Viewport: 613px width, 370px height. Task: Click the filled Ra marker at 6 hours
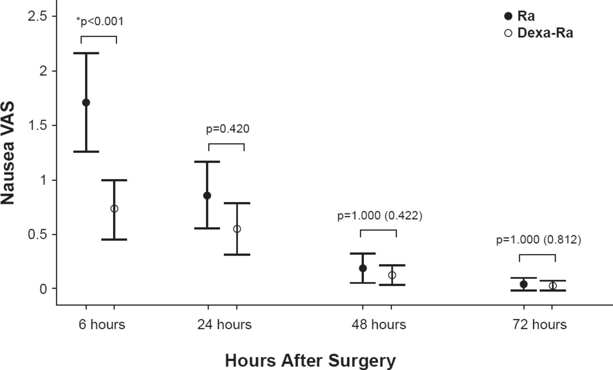[x=86, y=102]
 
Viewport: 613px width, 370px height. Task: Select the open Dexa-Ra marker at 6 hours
[x=114, y=209]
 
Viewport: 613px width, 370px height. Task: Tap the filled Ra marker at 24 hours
[x=207, y=195]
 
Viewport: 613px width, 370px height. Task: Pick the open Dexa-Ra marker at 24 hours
[x=237, y=229]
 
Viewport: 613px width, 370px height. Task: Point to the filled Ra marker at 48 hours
[x=363, y=268]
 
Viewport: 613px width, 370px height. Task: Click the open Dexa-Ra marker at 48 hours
[x=392, y=275]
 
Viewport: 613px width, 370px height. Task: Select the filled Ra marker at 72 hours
[x=523, y=284]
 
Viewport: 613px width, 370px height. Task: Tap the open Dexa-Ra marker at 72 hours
[x=553, y=286]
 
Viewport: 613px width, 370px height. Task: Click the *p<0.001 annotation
[x=100, y=21]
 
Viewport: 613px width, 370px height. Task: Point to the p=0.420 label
[x=227, y=129]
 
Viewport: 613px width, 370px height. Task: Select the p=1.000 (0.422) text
[x=379, y=216]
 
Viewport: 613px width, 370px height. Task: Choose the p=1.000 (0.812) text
[x=538, y=240]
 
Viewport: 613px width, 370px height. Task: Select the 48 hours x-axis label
[x=379, y=325]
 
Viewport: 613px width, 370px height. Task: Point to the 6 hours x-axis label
[x=102, y=325]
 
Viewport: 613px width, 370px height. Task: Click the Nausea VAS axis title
[x=9, y=153]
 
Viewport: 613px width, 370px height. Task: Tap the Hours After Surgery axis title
[x=310, y=360]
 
